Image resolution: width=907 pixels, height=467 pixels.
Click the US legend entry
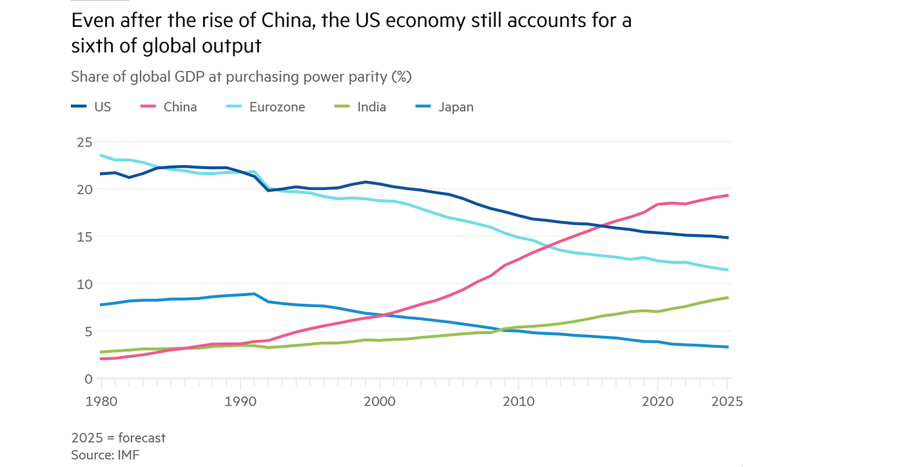pos(91,107)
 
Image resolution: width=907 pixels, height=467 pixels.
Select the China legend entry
pos(169,107)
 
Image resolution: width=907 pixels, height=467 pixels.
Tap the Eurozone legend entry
pos(266,107)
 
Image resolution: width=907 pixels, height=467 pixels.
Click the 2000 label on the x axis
pos(380,400)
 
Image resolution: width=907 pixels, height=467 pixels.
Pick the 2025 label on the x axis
pos(726,400)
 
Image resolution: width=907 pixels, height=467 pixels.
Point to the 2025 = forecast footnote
pos(118,437)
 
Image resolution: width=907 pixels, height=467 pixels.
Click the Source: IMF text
pos(105,454)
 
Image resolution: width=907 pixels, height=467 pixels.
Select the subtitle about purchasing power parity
pos(241,77)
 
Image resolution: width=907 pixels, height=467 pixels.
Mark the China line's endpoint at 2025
pos(728,195)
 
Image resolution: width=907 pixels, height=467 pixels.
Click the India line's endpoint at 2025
pos(728,297)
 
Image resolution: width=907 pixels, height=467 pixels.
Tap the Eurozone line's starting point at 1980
pos(100,155)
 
